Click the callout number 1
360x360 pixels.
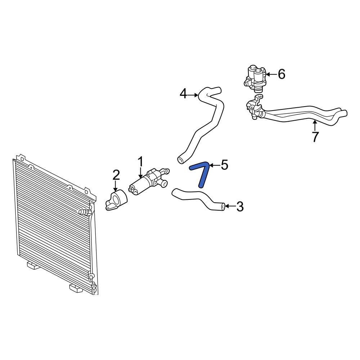pyautogui.click(x=141, y=162)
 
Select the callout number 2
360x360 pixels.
pyautogui.click(x=116, y=175)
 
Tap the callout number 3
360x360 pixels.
pyautogui.click(x=240, y=207)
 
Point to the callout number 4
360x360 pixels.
pyautogui.click(x=183, y=94)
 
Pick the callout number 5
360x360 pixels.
pyautogui.click(x=224, y=165)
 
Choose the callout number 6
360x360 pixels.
pyautogui.click(x=281, y=74)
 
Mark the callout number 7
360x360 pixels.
pyautogui.click(x=315, y=137)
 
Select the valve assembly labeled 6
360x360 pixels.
pyautogui.click(x=256, y=78)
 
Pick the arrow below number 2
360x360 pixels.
pyautogui.click(x=116, y=186)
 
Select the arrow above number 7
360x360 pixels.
pyautogui.click(x=315, y=126)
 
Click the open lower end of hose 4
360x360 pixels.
pyautogui.click(x=181, y=159)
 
